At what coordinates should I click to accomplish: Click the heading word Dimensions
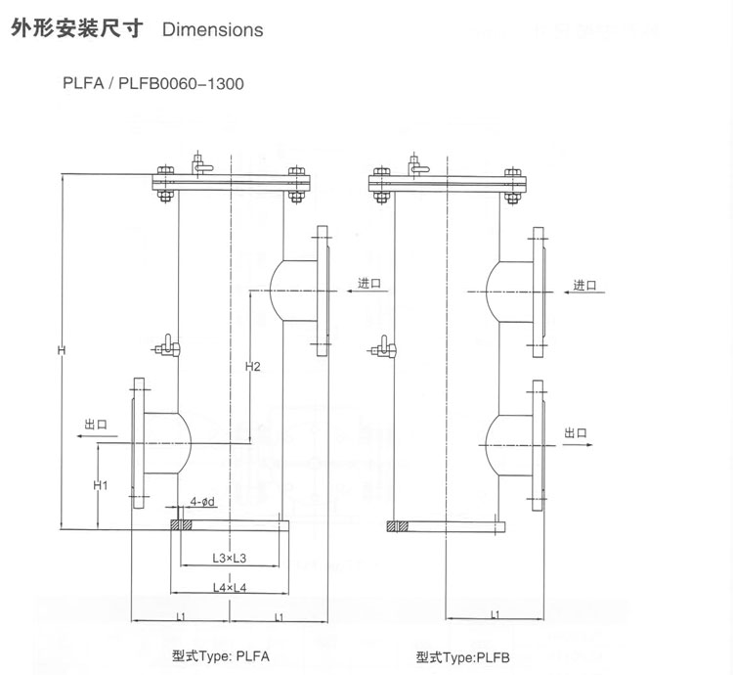pos(212,29)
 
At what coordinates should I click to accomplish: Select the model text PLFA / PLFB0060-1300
pos(153,83)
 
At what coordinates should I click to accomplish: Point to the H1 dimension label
pos(100,484)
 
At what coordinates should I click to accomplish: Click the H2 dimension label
pos(252,367)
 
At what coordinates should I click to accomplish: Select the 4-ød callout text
pos(202,501)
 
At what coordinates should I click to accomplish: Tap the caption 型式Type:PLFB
pos(462,657)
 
